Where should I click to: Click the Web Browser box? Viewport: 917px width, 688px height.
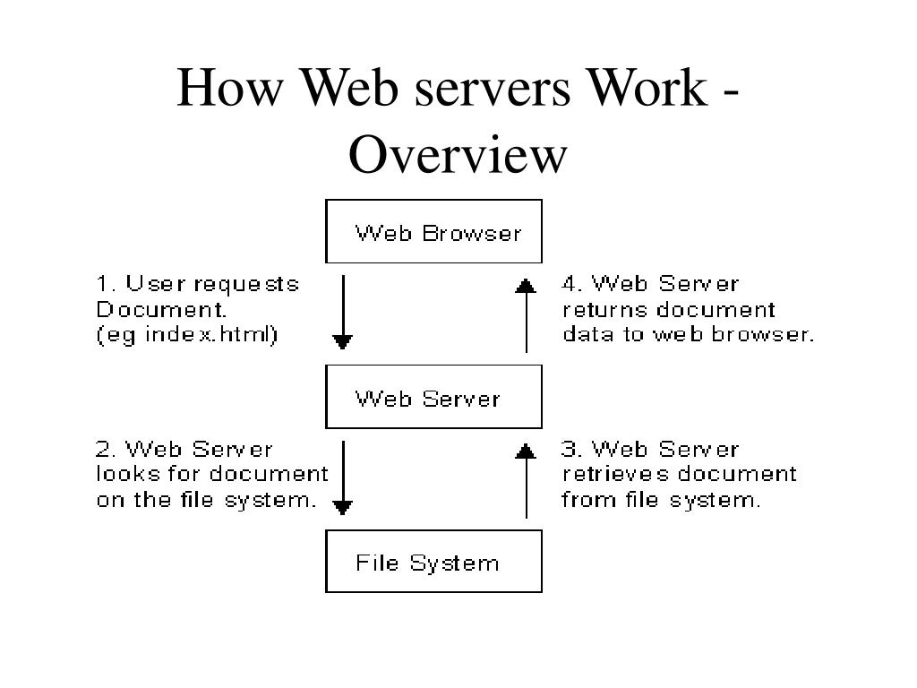tap(433, 232)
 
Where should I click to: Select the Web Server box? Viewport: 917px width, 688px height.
tap(433, 397)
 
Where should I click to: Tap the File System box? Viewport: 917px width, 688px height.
tap(433, 562)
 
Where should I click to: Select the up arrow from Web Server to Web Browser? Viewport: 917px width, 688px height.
tap(527, 314)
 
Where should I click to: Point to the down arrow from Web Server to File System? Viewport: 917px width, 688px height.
tap(343, 477)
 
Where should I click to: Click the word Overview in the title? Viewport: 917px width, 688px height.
tap(458, 154)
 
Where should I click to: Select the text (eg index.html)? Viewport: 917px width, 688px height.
tap(188, 335)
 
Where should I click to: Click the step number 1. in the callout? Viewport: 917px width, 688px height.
tap(107, 284)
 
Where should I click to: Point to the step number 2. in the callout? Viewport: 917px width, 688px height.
tap(107, 449)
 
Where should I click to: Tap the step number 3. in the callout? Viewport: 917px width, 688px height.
tap(572, 449)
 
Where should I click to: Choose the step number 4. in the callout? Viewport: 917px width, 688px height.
tap(572, 284)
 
